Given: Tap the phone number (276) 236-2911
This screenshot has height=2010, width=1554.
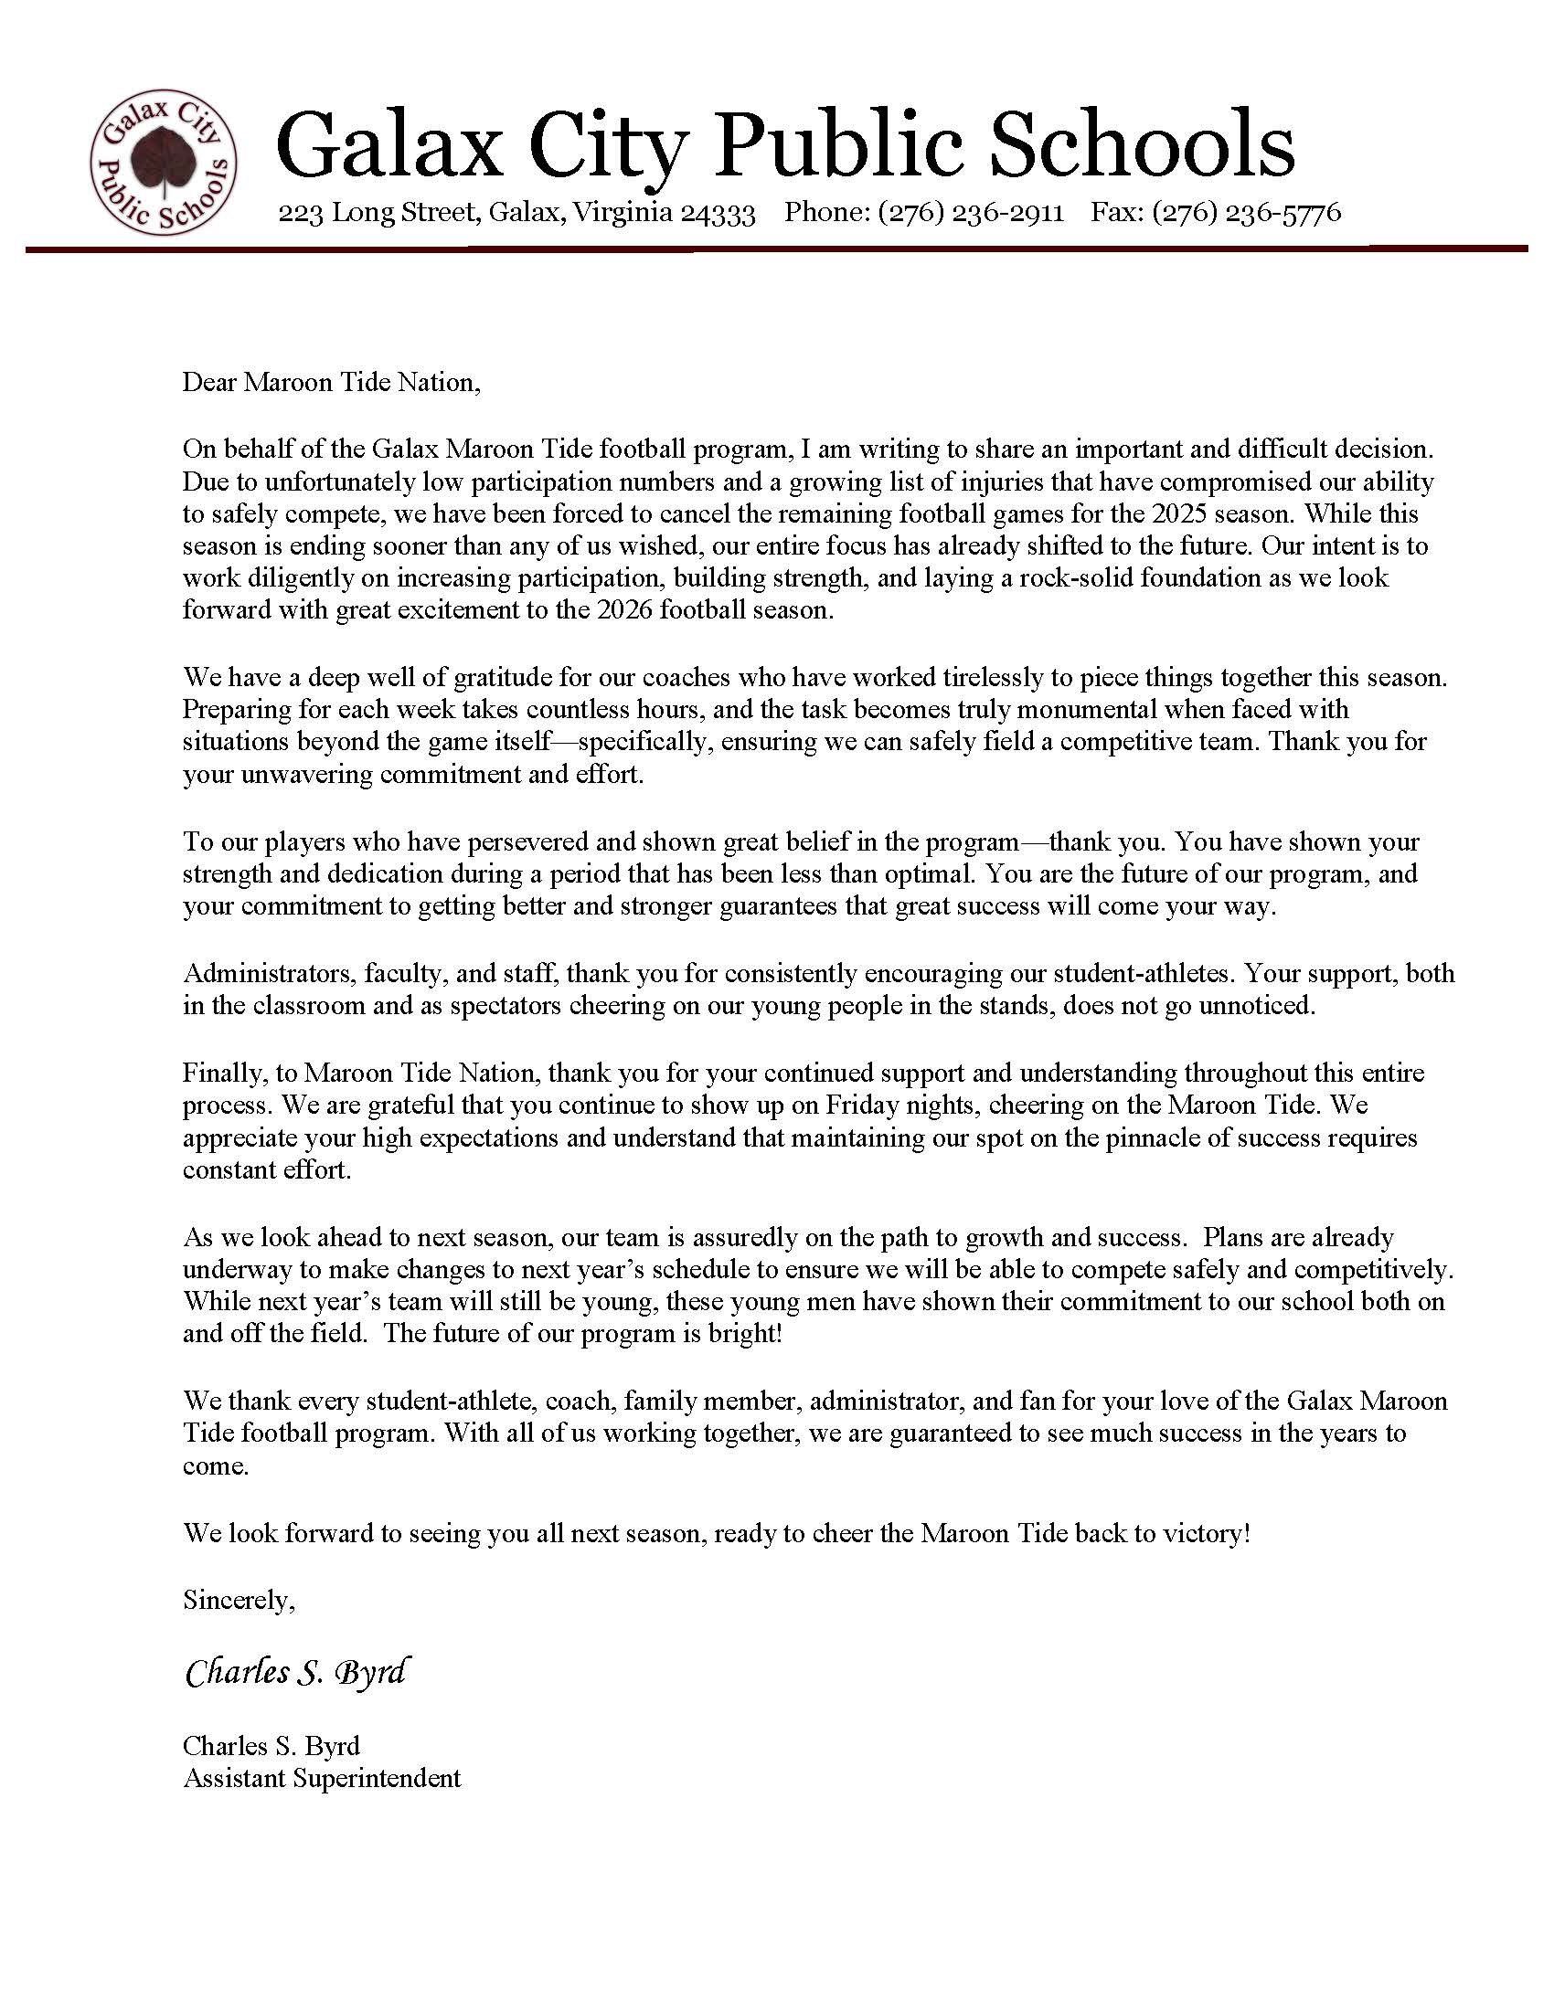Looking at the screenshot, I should click(970, 213).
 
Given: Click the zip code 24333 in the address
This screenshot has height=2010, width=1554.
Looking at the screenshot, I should click(718, 214).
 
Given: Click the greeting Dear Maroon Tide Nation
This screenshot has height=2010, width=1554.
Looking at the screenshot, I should click(332, 382).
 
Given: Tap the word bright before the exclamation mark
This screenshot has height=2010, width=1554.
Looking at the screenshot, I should click(740, 1334).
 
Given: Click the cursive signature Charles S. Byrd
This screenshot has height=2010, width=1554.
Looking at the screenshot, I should click(296, 1672).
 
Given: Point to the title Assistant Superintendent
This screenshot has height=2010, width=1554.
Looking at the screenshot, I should click(321, 1777).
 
